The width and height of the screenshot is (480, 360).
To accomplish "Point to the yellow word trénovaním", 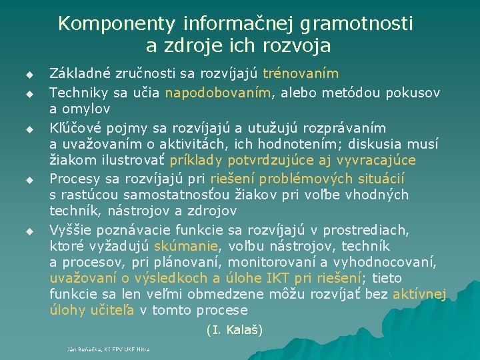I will click(x=301, y=73).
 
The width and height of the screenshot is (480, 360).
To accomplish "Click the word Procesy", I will click(x=75, y=179).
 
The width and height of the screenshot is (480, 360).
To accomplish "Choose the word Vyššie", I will click(x=71, y=230).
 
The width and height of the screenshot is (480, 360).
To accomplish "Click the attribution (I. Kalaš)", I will click(x=235, y=329).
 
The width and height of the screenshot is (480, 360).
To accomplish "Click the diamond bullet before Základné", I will click(x=29, y=73).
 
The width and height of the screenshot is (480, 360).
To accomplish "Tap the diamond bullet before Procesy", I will click(x=29, y=180).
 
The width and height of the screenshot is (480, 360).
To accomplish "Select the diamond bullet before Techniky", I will click(x=29, y=92).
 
